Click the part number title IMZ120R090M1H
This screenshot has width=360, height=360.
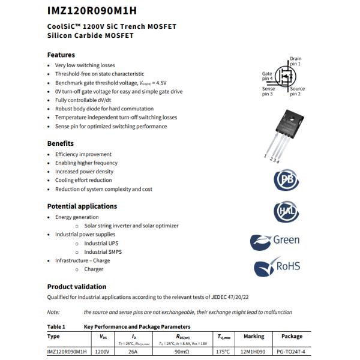[92, 10]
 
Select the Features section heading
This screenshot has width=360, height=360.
[61, 55]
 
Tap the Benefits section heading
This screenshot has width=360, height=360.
[61, 143]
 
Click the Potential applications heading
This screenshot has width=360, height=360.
[82, 206]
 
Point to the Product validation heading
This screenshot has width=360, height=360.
[77, 287]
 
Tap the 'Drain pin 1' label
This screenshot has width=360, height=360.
[295, 61]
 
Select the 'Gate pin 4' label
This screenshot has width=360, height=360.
[267, 76]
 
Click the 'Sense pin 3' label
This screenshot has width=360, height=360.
[268, 92]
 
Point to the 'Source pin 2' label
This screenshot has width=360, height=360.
[297, 92]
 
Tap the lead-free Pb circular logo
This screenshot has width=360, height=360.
[286, 181]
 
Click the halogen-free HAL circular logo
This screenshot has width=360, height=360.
[286, 212]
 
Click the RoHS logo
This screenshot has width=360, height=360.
[277, 267]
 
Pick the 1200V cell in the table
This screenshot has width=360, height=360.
[103, 352]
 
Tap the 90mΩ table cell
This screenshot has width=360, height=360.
[182, 352]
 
